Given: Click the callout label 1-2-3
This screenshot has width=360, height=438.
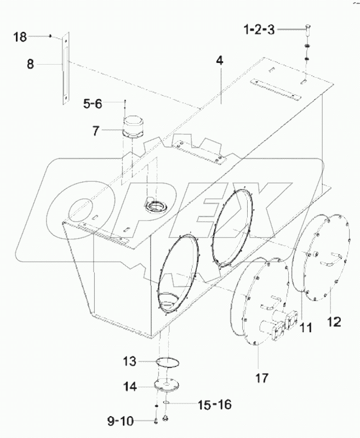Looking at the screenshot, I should tap(260, 30).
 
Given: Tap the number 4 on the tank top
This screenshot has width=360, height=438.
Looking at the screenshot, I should tap(219, 61).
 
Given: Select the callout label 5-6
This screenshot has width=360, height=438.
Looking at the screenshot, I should tap(93, 102).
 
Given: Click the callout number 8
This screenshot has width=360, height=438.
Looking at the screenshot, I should tap(30, 64).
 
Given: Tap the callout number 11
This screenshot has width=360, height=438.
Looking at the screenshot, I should tap(305, 328).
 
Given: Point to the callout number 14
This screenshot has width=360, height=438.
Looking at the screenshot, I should tap(129, 386).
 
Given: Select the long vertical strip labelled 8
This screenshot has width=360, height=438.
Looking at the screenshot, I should tap(66, 68).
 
